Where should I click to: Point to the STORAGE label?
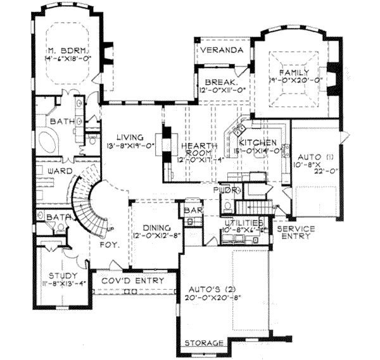(x=204, y=343)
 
